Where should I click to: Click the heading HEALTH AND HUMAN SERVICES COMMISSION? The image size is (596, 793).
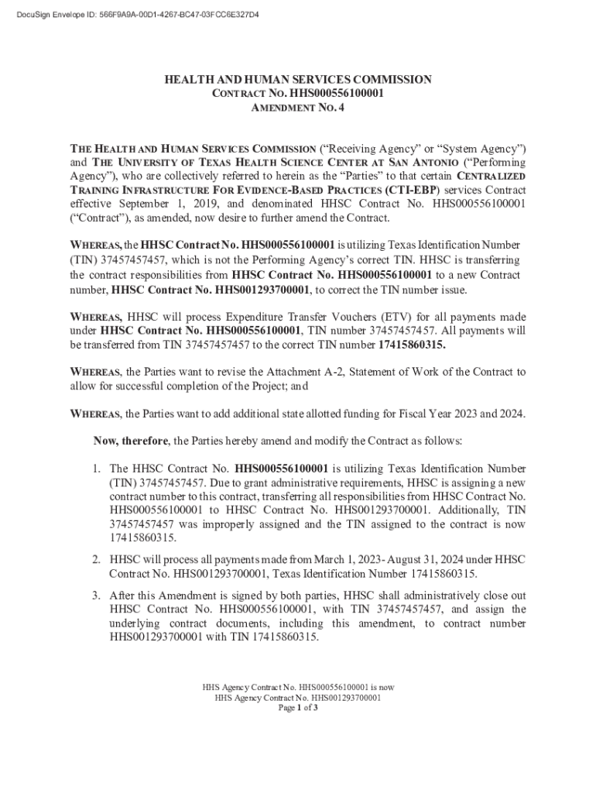(298, 80)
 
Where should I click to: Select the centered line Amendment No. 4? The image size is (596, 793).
(298, 108)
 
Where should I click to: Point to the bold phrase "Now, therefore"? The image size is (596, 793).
(131, 441)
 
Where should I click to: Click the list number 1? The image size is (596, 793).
(98, 469)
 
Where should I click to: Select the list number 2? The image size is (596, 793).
(98, 560)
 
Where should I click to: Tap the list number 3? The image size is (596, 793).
(98, 596)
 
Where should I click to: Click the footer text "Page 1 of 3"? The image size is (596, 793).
(298, 708)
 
